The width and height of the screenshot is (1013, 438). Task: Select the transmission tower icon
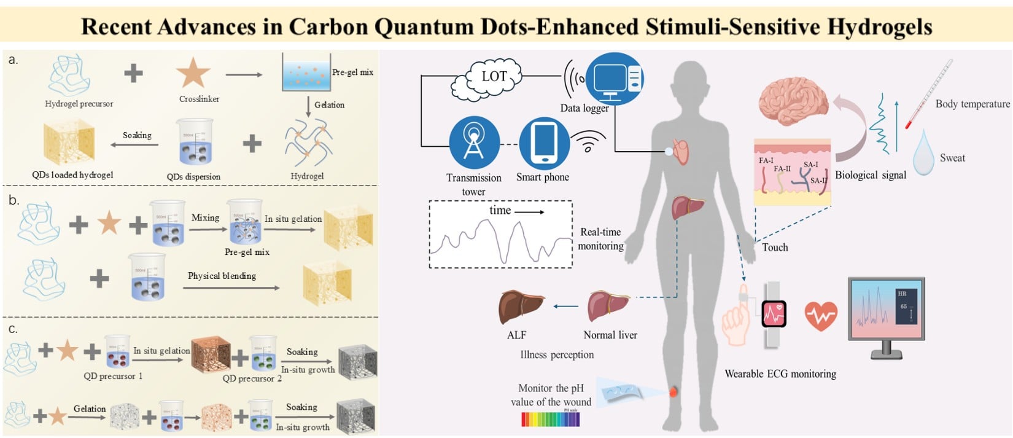tap(473, 143)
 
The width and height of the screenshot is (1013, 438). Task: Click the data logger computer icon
tap(615, 79)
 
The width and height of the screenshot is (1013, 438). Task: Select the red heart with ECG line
tap(821, 316)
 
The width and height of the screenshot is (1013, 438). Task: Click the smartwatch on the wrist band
tap(774, 315)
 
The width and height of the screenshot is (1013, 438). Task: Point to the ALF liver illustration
tap(521, 306)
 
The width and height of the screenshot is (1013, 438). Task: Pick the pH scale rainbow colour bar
tap(550, 419)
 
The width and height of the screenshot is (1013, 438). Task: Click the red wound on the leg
tap(673, 391)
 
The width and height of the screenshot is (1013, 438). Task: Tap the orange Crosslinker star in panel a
tap(193, 72)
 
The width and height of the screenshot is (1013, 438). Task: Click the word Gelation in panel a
tap(329, 105)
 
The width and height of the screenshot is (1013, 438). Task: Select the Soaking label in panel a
tap(137, 135)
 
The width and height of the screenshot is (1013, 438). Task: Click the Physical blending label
tap(222, 276)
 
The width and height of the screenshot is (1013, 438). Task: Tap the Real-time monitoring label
tap(600, 239)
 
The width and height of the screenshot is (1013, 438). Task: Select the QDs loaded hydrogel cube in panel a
tap(69, 143)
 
